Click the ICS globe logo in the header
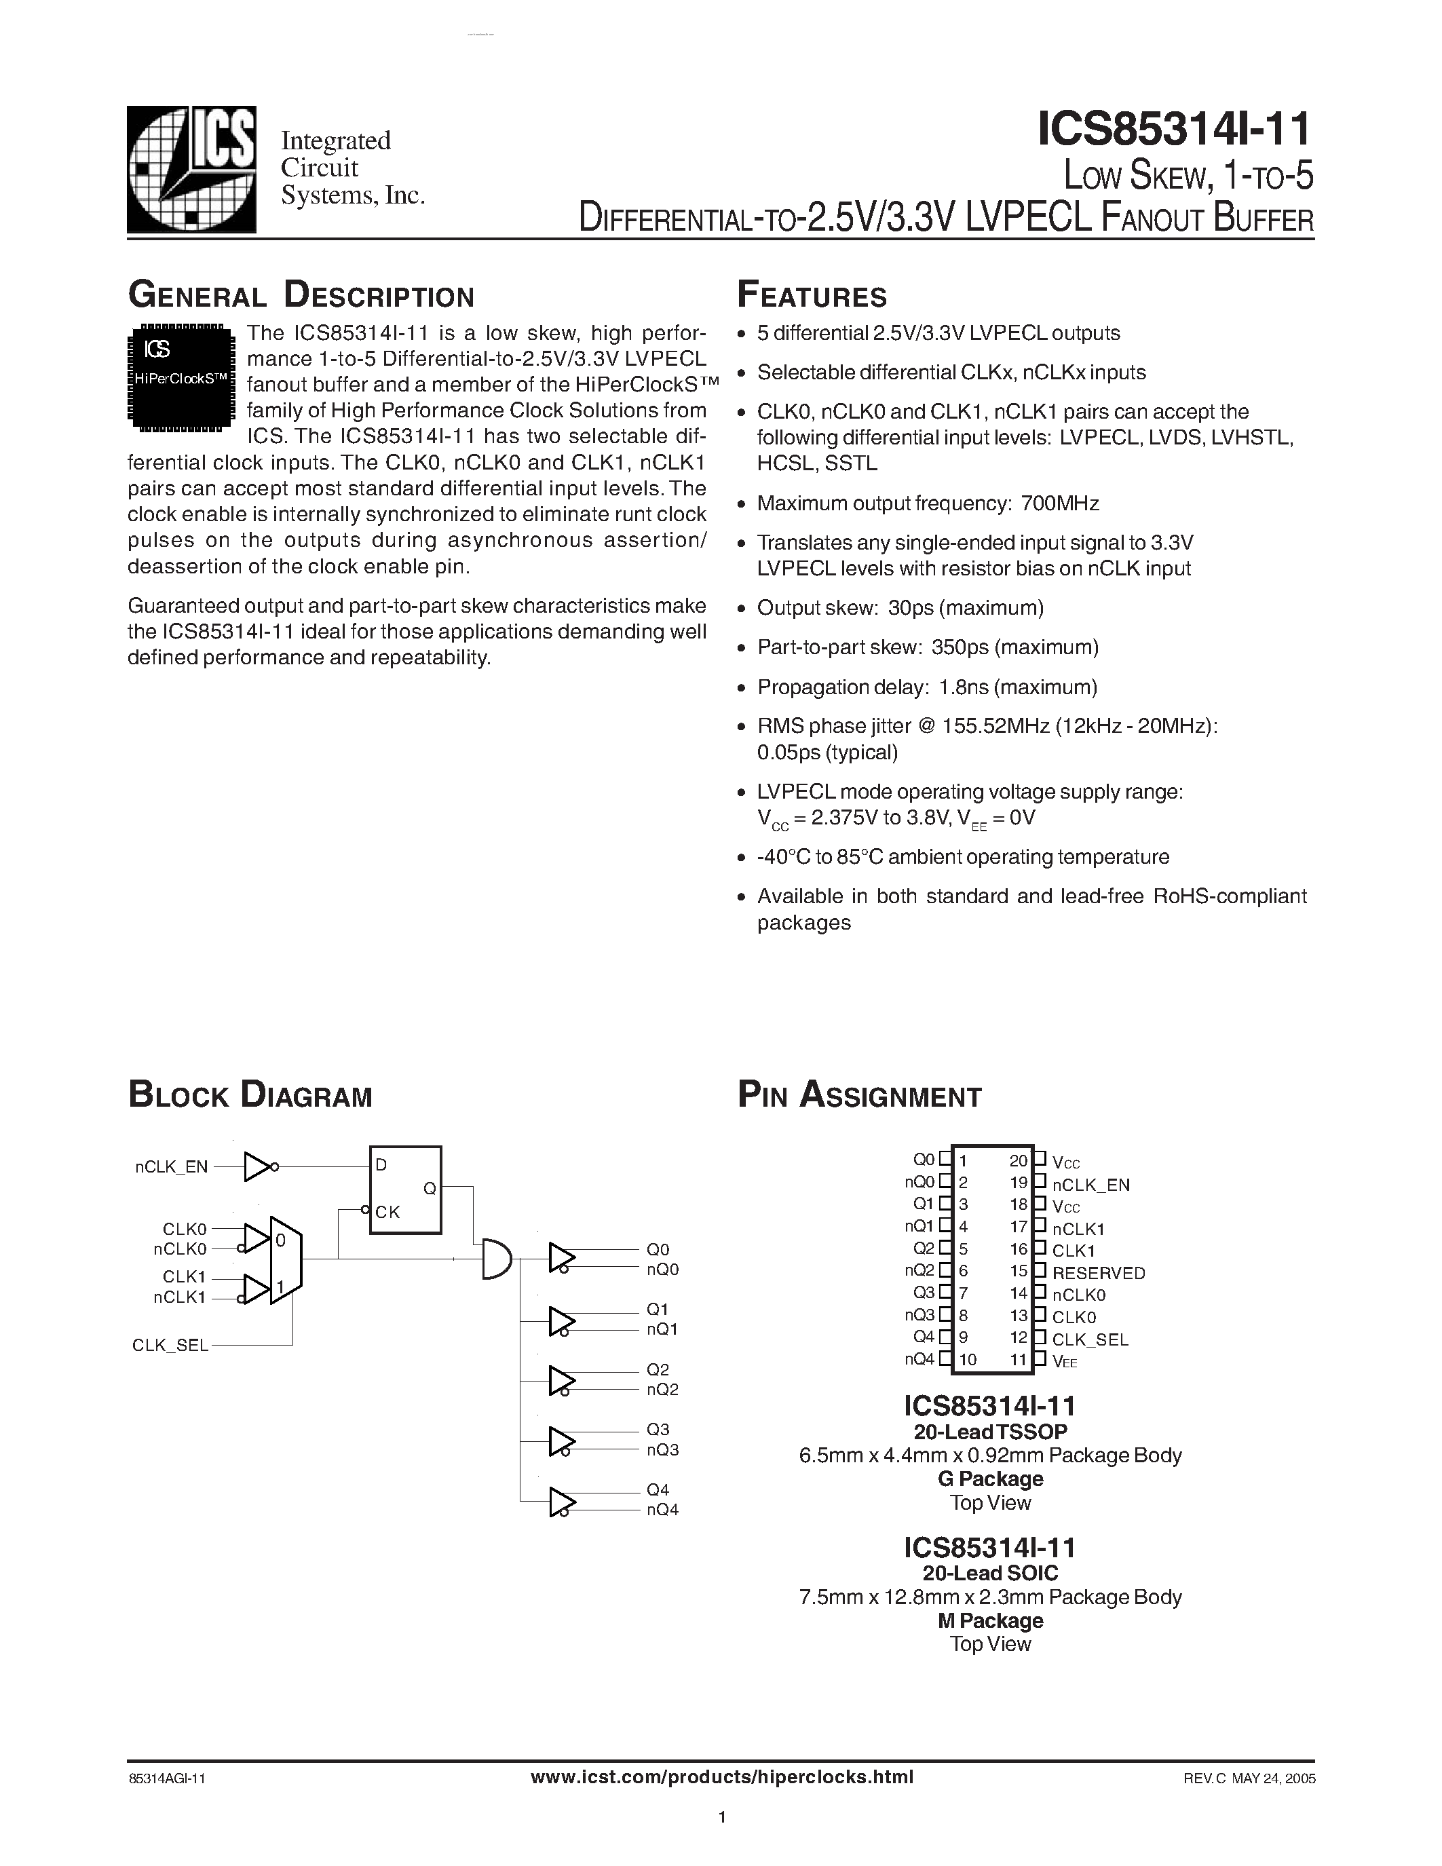click(191, 169)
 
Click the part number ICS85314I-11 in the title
click(1174, 130)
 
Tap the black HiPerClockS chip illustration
click(181, 375)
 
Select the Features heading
click(812, 296)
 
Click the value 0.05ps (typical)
click(827, 752)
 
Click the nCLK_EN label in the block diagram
click(171, 1167)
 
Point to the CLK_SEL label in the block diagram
click(170, 1346)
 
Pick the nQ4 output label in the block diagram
click(662, 1510)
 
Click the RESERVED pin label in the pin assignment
click(1098, 1273)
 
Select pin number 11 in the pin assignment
click(1019, 1358)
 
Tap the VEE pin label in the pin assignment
click(1065, 1362)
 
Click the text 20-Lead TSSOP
click(990, 1432)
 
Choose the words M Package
click(990, 1621)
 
